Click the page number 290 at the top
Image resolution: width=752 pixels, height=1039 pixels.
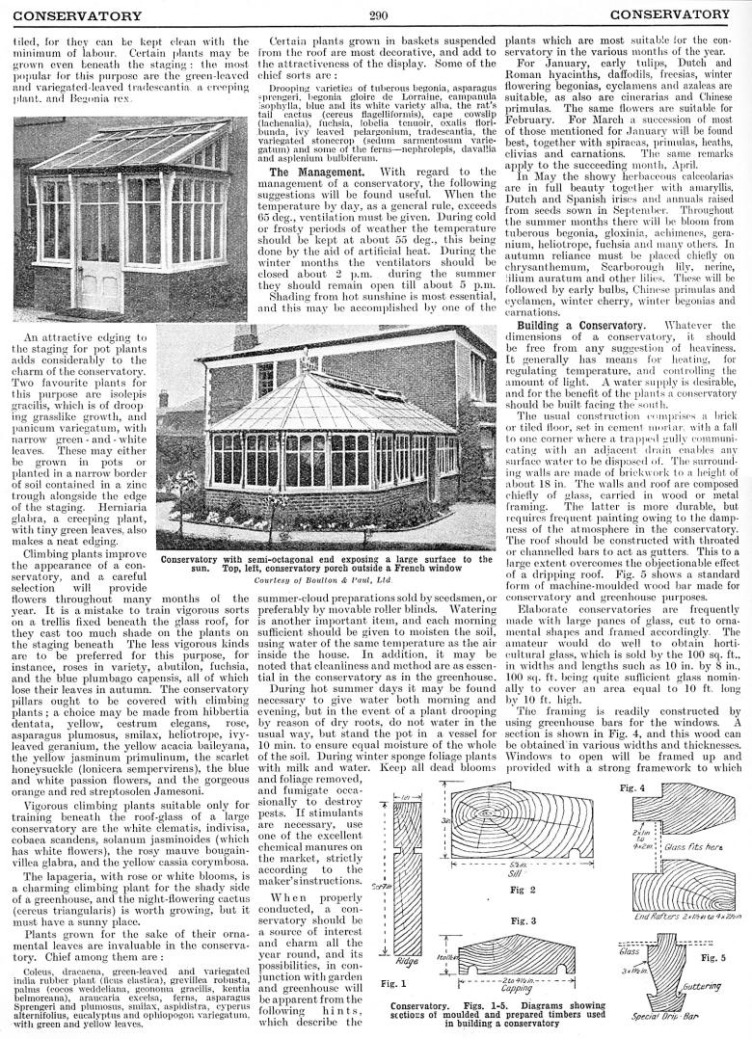(x=377, y=13)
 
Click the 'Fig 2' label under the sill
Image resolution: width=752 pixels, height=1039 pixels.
(x=516, y=889)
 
